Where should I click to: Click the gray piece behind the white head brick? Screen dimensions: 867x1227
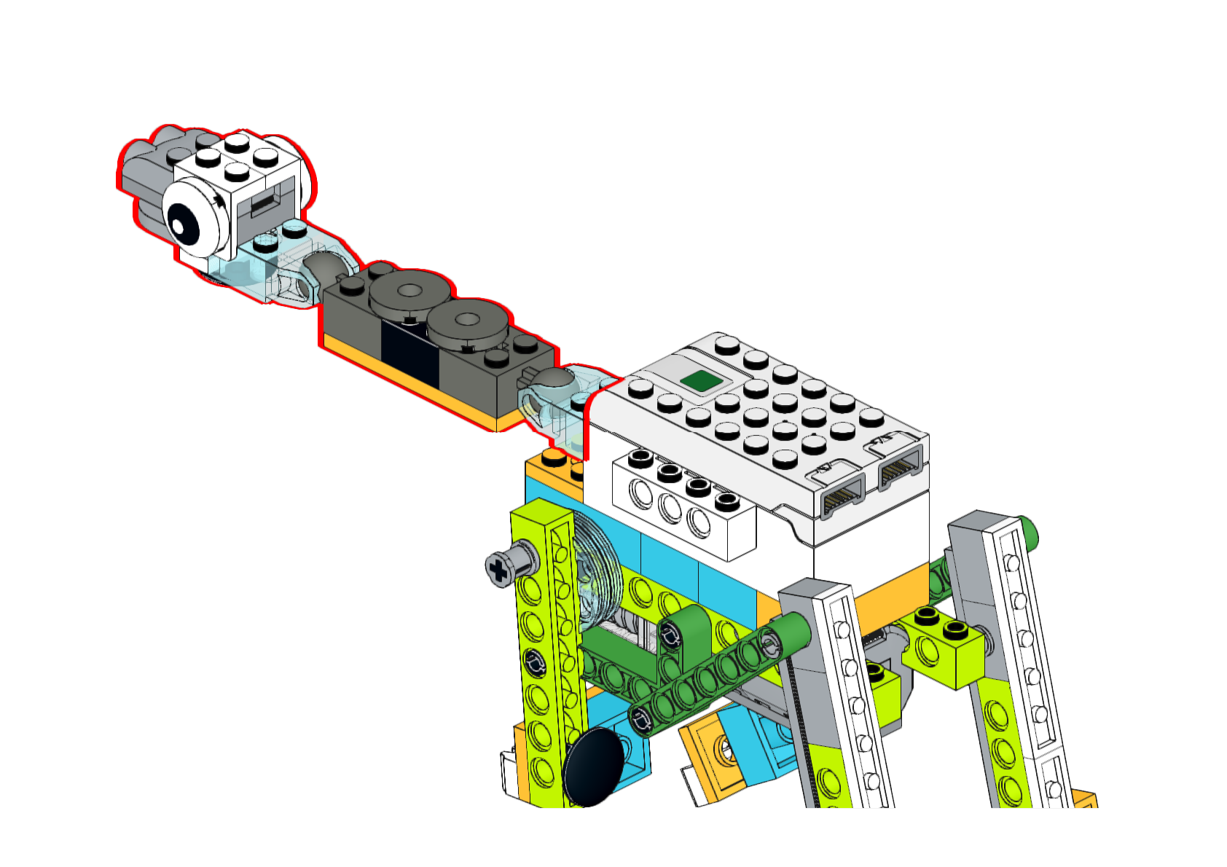[x=146, y=175]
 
